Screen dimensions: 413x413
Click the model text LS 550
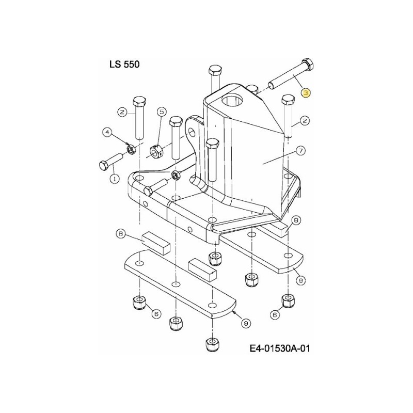(x=124, y=65)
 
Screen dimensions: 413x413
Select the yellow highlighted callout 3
(x=306, y=93)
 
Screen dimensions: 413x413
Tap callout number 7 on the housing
(x=300, y=151)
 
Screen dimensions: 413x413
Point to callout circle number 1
(x=114, y=178)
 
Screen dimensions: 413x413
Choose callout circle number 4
(x=108, y=133)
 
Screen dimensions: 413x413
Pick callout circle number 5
(x=161, y=112)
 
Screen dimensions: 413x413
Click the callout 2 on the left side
(x=122, y=112)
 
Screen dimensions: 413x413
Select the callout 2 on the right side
(x=305, y=121)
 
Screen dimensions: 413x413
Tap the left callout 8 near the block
(x=121, y=234)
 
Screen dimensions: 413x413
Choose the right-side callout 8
(x=296, y=219)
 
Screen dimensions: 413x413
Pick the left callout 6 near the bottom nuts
(x=154, y=313)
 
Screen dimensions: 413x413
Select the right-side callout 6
(x=275, y=313)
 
